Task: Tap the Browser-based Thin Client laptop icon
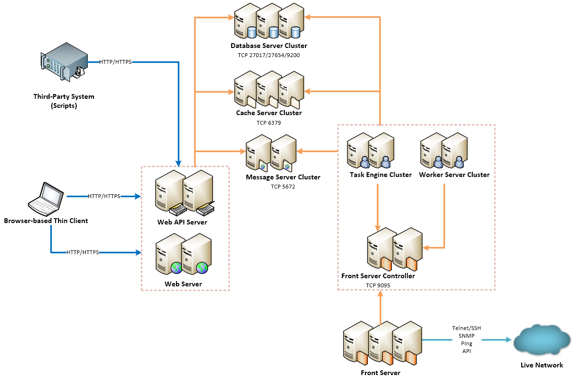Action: [46, 198]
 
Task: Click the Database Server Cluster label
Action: [269, 46]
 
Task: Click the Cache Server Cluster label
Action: [269, 113]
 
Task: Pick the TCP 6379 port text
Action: [269, 123]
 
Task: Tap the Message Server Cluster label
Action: [283, 177]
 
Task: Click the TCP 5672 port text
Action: [283, 187]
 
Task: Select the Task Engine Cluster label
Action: [381, 175]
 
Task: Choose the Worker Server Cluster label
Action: [454, 175]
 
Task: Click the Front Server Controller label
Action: [378, 276]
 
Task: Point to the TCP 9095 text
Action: [378, 285]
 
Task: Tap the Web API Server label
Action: [182, 223]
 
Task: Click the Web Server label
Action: [183, 284]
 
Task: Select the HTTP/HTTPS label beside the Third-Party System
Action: [116, 62]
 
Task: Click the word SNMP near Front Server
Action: [467, 336]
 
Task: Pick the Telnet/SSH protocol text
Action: [467, 328]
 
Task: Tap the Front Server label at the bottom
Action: [380, 373]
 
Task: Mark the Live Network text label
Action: [542, 365]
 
